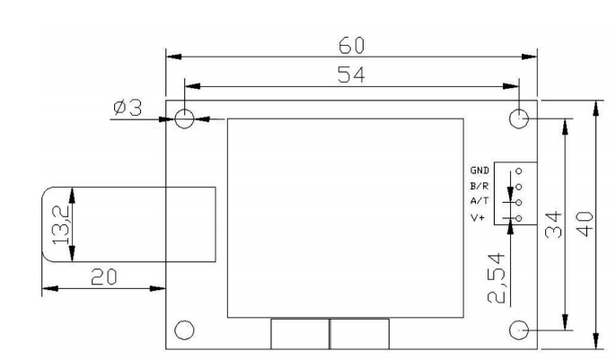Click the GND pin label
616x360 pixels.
point(479,170)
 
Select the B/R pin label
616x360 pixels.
point(479,186)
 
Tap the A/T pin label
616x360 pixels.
point(479,202)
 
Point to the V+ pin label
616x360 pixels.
point(477,218)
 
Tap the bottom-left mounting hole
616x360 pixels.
point(184,329)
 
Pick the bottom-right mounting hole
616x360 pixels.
point(519,329)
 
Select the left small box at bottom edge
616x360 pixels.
point(299,333)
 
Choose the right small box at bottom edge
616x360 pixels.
point(359,333)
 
